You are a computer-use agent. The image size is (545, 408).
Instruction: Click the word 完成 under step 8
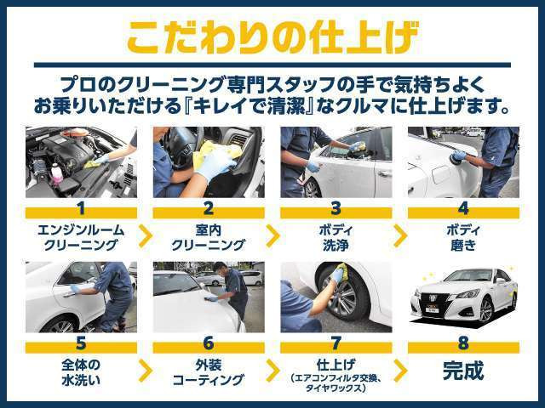[463, 371]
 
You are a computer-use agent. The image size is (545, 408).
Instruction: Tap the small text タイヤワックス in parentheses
[336, 388]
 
